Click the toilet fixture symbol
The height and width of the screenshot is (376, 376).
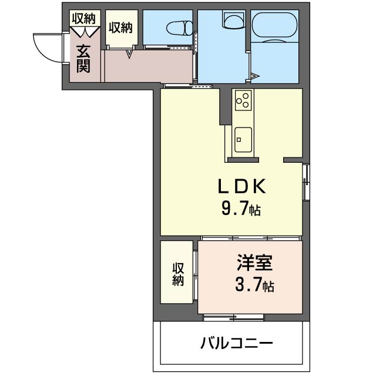pos(180,28)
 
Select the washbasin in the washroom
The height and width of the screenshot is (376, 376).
pos(234,19)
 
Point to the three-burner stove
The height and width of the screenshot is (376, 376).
pos(243,100)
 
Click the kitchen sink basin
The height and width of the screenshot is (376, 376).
pos(243,140)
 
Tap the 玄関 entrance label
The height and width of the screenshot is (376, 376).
pos(83,59)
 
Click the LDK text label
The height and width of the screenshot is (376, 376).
pos(242,186)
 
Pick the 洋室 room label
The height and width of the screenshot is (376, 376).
pos(255,263)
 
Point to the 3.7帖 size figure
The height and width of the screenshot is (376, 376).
pos(254,284)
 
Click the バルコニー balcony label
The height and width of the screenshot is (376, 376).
pos(236,343)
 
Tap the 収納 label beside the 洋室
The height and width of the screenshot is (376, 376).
pos(178,274)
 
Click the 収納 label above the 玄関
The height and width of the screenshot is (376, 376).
pos(83,18)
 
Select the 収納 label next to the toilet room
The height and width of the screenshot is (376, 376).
pos(120,28)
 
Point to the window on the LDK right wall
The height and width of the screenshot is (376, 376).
pos(306,182)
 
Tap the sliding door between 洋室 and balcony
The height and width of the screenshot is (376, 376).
pos(233,317)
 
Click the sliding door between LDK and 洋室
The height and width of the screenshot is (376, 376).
pos(251,238)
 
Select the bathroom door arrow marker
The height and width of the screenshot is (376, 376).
pos(255,76)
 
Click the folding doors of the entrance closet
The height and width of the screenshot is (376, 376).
pos(85,32)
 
